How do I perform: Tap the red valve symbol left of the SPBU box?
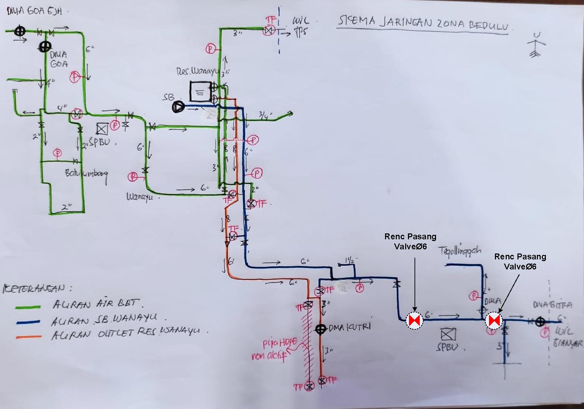pyautogui.click(x=415, y=320)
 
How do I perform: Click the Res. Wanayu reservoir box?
pyautogui.click(x=200, y=91)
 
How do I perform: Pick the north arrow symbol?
pyautogui.click(x=536, y=45)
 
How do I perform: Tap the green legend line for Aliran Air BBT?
pyautogui.click(x=28, y=307)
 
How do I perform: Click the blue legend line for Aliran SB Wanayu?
pyautogui.click(x=28, y=322)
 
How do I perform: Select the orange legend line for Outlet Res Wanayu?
pyautogui.click(x=28, y=337)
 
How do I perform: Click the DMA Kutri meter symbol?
pyautogui.click(x=320, y=329)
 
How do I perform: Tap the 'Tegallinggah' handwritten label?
pyautogui.click(x=460, y=251)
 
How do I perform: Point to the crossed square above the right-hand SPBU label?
pyautogui.click(x=448, y=335)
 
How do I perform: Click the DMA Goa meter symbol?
pyautogui.click(x=45, y=46)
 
